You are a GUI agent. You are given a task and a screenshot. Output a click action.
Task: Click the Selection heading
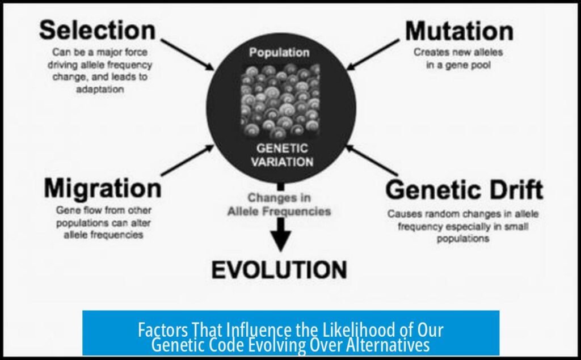(96, 30)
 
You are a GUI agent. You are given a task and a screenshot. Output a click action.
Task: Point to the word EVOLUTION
(279, 270)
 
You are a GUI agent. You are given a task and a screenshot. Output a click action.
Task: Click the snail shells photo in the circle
(280, 102)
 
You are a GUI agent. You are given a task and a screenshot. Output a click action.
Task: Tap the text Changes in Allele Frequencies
(279, 205)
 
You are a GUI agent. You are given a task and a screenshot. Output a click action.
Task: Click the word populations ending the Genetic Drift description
(463, 239)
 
